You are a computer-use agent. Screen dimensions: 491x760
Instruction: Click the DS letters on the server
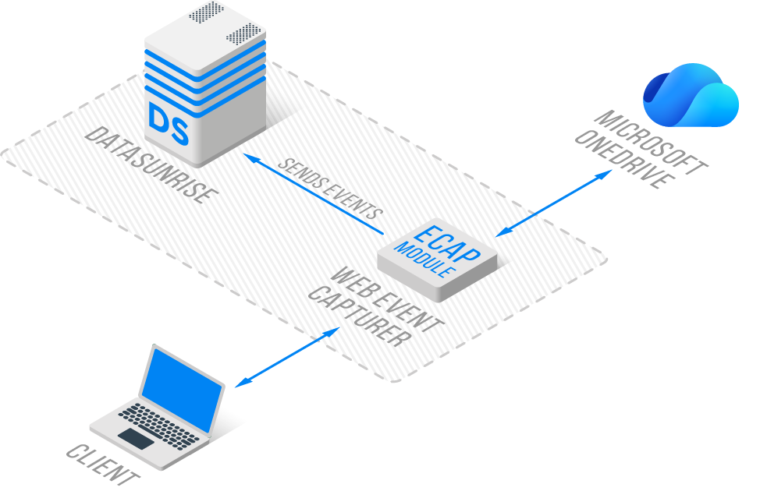(169, 125)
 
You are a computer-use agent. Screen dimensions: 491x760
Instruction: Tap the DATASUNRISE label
(148, 166)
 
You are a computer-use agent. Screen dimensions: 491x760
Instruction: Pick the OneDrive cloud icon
(690, 97)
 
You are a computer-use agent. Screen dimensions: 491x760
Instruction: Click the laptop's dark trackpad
(136, 438)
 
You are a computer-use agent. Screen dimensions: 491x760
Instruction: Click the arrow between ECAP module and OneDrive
(555, 202)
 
